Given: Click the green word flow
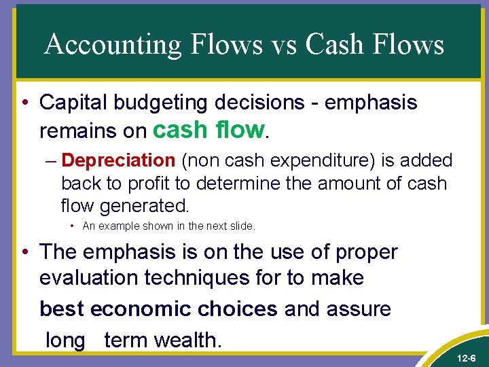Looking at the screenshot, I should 238,128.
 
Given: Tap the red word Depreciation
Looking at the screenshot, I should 118,160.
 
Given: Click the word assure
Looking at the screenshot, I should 358,309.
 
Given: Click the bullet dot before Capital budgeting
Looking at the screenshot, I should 25,103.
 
